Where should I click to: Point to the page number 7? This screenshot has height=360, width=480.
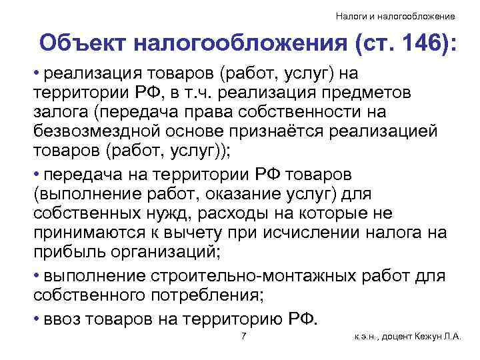(244, 336)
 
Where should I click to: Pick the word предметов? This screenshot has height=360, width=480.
(371, 91)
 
